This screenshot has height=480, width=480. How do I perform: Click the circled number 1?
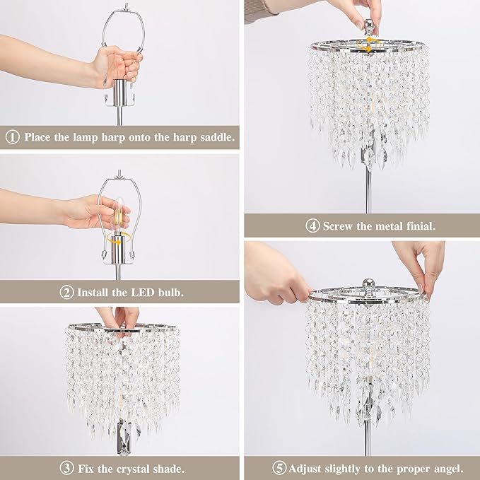click(x=12, y=136)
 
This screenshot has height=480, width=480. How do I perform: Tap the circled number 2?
click(x=67, y=291)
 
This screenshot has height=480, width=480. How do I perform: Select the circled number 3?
click(x=66, y=467)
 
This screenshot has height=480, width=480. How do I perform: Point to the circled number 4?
click(x=312, y=226)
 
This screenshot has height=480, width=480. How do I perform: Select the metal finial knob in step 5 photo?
click(x=368, y=281)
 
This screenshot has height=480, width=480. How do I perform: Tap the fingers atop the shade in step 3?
click(x=118, y=316)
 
